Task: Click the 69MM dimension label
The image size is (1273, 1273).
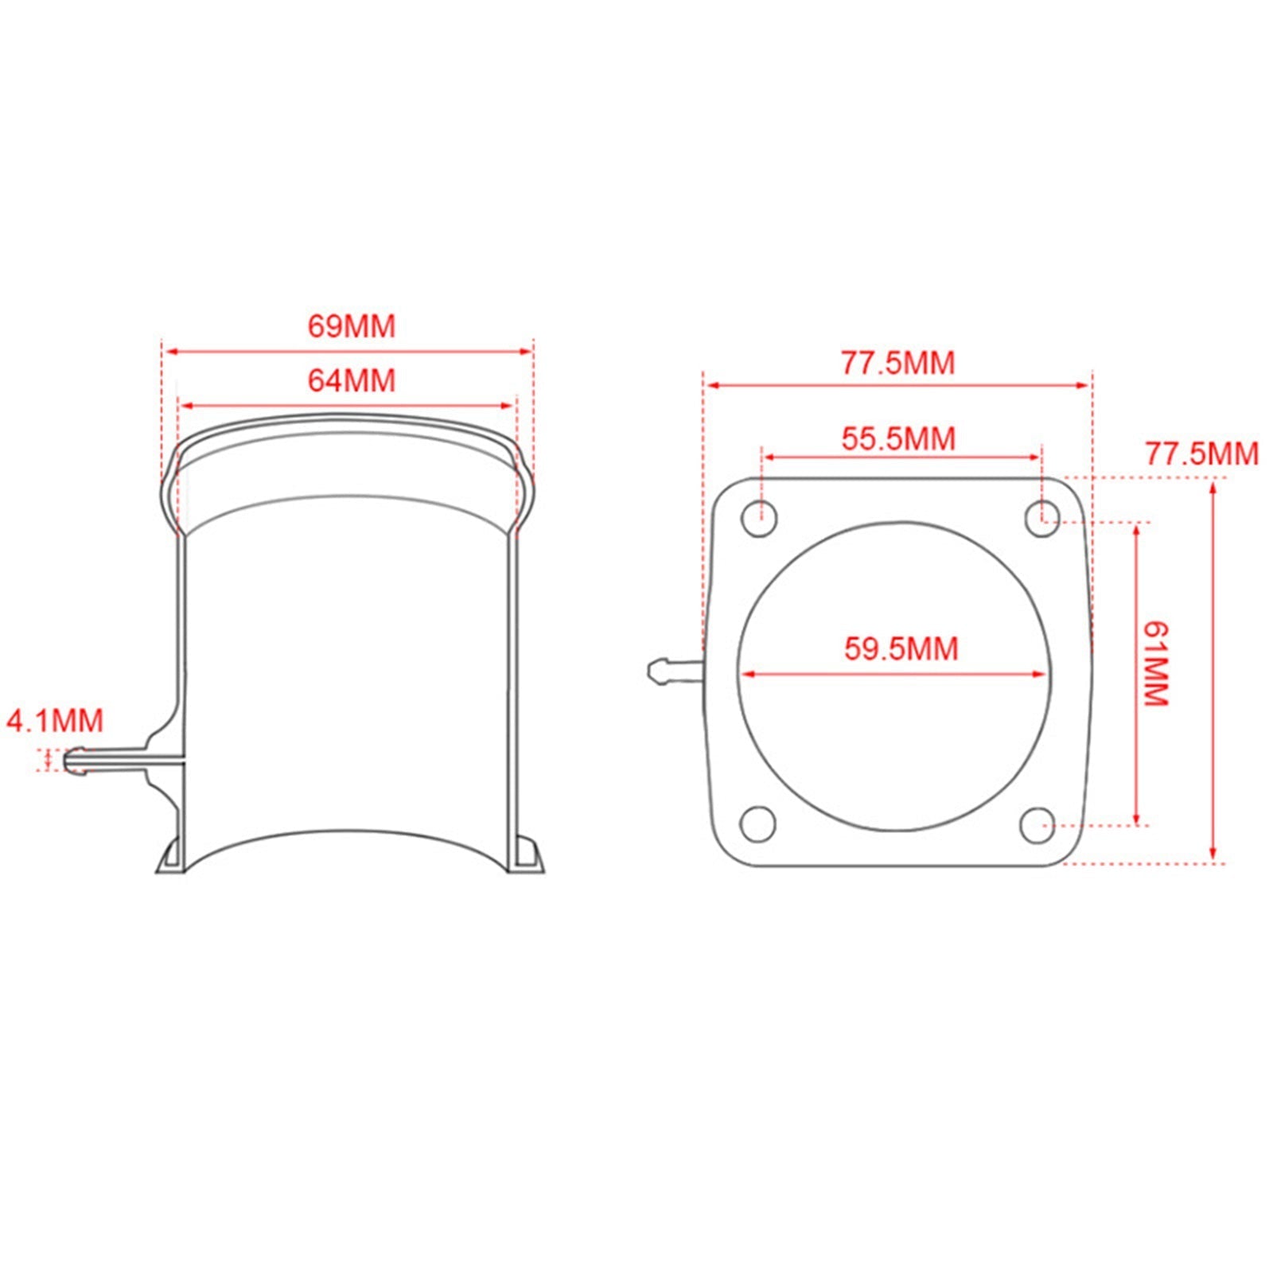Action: coord(351,327)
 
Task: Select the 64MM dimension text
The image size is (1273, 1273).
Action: coord(351,380)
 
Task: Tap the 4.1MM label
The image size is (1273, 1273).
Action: coord(55,721)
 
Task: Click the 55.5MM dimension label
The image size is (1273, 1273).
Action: coord(898,439)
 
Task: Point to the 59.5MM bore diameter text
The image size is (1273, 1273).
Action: coord(901,648)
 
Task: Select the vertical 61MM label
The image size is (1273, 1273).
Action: coord(1155,664)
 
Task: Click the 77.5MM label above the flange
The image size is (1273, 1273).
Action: coord(897,364)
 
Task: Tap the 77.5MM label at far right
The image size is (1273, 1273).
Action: coord(1201,454)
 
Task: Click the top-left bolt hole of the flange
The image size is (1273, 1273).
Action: coord(759,519)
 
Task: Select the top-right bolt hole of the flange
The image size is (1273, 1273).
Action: coord(1041,519)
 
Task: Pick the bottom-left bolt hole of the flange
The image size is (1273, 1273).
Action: coord(758,824)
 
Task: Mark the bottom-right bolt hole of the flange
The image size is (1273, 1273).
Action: coord(1037,825)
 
